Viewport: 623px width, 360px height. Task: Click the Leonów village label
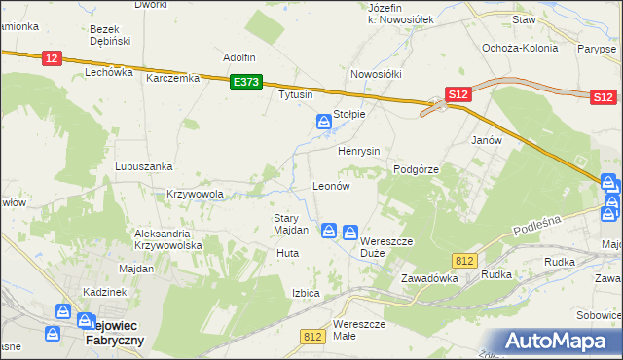330,185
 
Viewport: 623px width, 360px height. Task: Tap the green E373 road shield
245,84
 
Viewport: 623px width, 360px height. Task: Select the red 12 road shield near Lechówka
52,58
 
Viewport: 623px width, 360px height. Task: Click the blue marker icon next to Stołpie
323,122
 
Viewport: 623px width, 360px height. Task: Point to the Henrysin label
358,152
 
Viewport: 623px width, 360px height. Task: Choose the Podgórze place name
417,168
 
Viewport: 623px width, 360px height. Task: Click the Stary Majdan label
290,224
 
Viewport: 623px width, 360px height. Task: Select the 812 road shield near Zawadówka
463,259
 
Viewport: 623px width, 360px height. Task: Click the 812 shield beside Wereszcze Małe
311,337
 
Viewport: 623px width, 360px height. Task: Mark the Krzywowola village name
196,194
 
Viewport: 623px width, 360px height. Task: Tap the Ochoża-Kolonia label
520,48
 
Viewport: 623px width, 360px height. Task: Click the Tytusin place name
296,95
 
